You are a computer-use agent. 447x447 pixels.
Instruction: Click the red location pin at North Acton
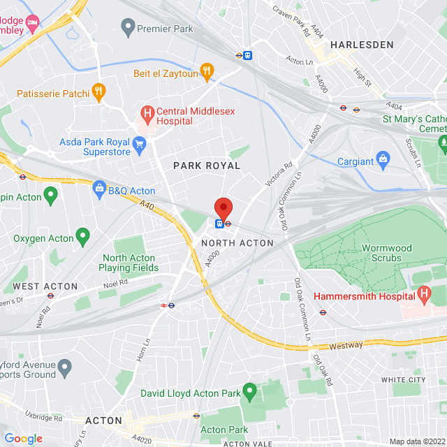[223, 209]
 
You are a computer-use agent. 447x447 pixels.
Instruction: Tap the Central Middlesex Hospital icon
[147, 112]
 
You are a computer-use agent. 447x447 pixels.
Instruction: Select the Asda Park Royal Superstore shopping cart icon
[139, 145]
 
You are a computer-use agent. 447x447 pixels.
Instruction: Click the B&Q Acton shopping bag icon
[99, 188]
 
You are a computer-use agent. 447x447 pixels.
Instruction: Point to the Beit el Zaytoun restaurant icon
[206, 71]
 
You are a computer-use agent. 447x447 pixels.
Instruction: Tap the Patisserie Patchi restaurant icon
[100, 91]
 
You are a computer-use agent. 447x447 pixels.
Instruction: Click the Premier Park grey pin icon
[127, 28]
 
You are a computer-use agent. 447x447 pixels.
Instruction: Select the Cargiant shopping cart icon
[383, 159]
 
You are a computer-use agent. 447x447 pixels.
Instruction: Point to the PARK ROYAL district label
[207, 166]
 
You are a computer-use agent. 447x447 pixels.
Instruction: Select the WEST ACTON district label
[45, 286]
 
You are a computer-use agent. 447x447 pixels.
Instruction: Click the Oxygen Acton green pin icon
[82, 237]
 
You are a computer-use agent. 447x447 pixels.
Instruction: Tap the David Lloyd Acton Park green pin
[249, 391]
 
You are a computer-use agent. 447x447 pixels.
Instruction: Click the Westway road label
[346, 345]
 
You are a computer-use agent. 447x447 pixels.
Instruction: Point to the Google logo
[23, 439]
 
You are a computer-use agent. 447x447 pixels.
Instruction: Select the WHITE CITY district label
[403, 379]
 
